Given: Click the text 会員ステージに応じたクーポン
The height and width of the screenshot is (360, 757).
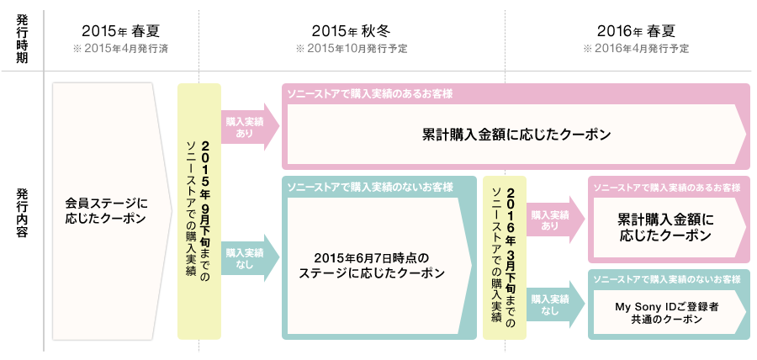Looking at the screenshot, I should (105, 210).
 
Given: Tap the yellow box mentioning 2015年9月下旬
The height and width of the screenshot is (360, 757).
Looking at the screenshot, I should (199, 210).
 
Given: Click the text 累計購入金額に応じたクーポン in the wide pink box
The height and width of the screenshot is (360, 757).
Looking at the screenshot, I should (516, 135).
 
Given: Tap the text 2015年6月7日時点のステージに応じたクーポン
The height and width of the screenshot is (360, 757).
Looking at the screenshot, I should (372, 265).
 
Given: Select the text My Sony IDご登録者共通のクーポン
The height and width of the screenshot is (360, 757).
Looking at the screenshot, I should (665, 314).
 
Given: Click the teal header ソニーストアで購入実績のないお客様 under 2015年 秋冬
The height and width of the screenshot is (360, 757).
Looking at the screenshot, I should (370, 186).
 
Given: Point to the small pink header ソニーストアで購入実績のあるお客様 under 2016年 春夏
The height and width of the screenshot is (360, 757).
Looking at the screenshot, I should (666, 186).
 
